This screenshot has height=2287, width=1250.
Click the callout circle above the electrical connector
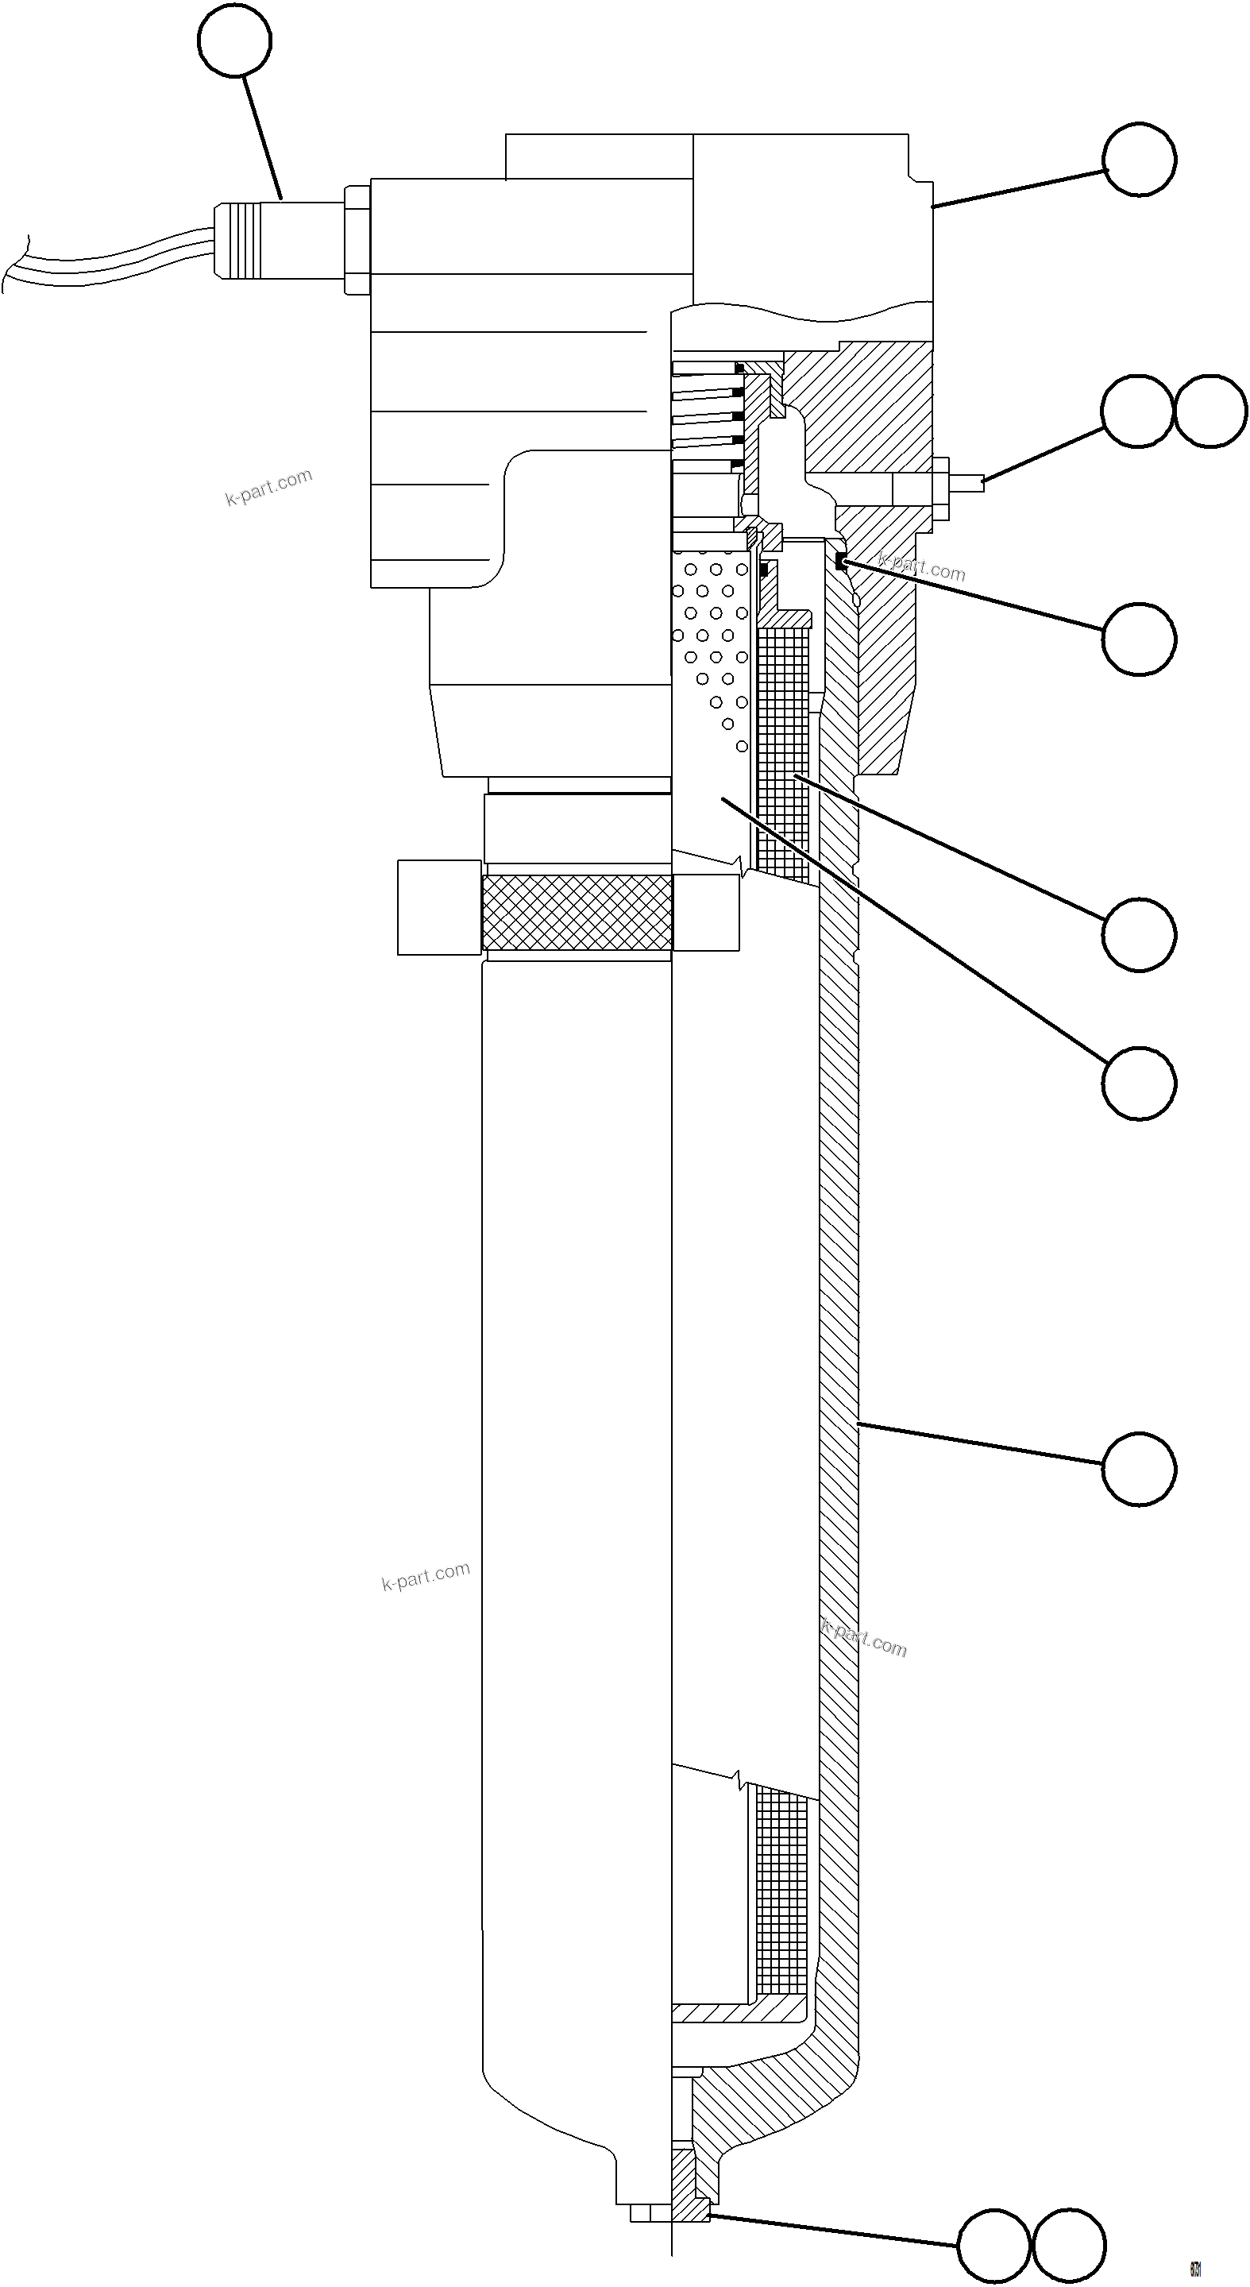coord(234,41)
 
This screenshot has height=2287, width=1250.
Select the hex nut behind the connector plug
coord(357,240)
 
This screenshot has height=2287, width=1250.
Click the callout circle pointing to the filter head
coord(1140,160)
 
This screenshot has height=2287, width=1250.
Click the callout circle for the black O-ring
coord(1140,639)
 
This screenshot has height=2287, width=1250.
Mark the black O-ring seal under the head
coord(841,561)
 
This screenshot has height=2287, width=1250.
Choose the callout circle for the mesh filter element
coord(1140,935)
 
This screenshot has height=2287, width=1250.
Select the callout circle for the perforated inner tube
coord(1140,1084)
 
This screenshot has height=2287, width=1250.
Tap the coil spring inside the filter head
coord(706,417)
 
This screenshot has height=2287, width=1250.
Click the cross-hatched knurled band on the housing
coord(577,912)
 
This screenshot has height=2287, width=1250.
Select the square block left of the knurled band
coord(439,907)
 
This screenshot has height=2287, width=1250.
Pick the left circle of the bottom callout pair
coord(995,2247)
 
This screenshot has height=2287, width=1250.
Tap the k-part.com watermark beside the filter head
coord(268,486)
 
